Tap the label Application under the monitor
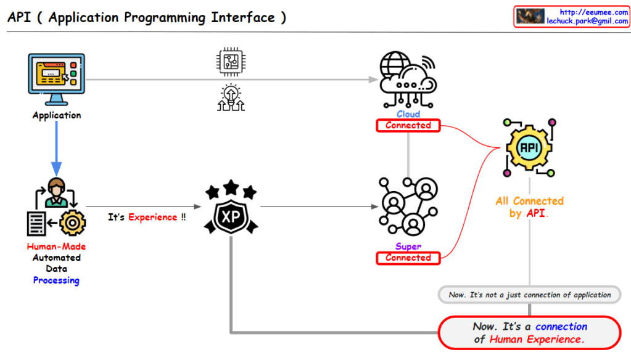[57, 115]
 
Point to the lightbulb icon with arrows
[230, 97]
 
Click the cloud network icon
[408, 80]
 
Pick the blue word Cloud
[408, 114]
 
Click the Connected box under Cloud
[408, 126]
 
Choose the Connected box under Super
[408, 258]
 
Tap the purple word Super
[408, 247]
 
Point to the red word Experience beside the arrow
[153, 218]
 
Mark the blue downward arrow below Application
[57, 148]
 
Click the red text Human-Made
[56, 247]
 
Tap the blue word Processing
[56, 280]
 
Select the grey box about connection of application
[529, 295]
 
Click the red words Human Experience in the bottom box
[535, 339]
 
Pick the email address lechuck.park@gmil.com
[587, 21]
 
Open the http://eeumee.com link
[593, 12]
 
